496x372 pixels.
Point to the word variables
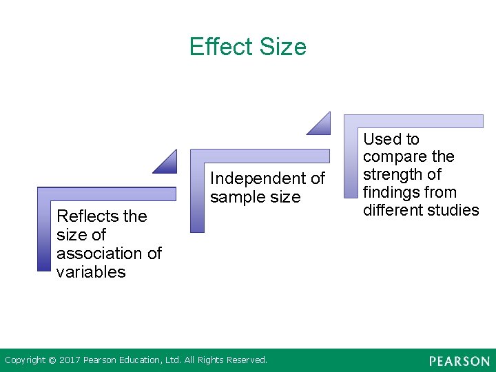point(91,272)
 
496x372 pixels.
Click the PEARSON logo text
point(459,361)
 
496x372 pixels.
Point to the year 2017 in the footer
point(70,360)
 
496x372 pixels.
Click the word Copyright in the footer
point(25,360)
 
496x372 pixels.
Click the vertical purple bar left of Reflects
point(43,234)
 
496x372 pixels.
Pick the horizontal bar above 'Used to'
point(413,121)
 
